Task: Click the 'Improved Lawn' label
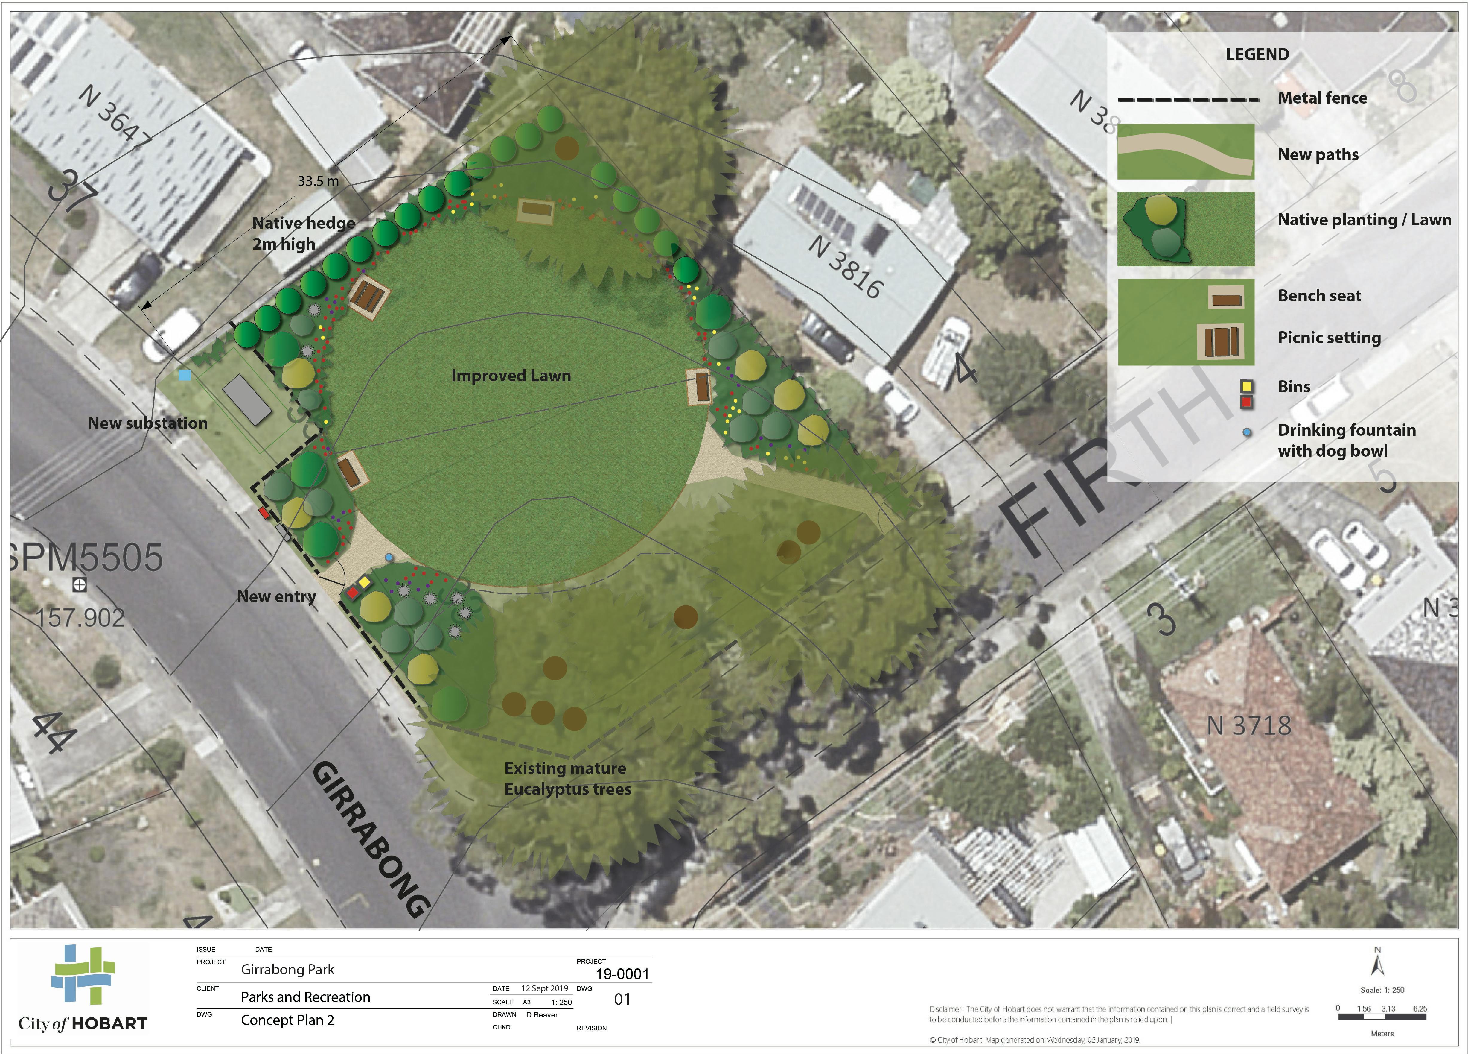coord(511,376)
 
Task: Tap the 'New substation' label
coord(147,423)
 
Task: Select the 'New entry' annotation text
coord(276,596)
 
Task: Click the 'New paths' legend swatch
coord(1185,152)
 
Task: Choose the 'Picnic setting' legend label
coord(1329,337)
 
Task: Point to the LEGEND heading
coord(1257,54)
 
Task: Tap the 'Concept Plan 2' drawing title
coord(287,1020)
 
